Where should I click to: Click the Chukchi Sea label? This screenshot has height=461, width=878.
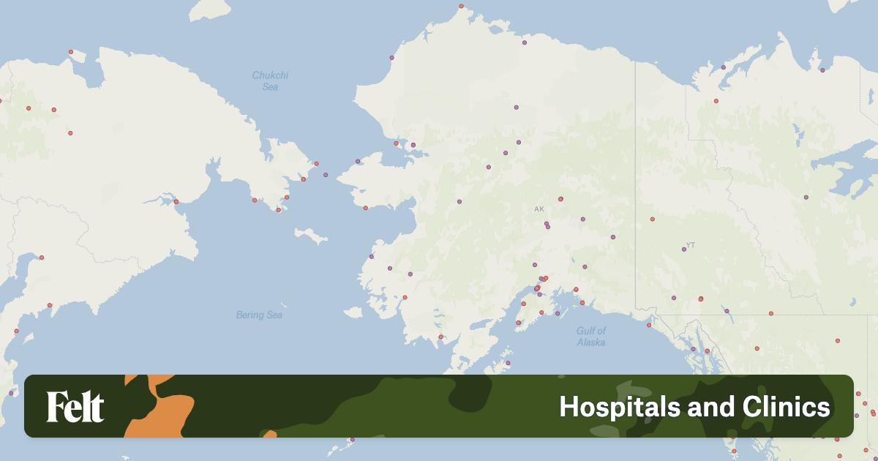tap(270, 80)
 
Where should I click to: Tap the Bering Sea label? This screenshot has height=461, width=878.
tap(259, 315)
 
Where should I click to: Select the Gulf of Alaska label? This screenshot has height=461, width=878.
tap(590, 337)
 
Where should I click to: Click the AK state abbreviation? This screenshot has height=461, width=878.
tap(539, 209)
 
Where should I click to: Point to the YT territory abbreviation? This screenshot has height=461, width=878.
tap(690, 244)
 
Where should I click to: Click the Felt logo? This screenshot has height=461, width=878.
tap(75, 407)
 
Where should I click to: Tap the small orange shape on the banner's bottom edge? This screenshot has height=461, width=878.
tap(269, 434)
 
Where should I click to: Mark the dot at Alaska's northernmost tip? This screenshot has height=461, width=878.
tap(461, 7)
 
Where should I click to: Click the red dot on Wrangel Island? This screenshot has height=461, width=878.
tap(70, 51)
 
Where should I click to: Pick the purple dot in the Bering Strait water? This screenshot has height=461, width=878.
tap(326, 175)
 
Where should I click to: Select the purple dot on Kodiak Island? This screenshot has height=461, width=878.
tap(508, 363)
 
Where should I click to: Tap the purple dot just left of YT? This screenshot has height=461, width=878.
tap(684, 250)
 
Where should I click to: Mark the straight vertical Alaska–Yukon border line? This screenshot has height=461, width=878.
tap(635, 183)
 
